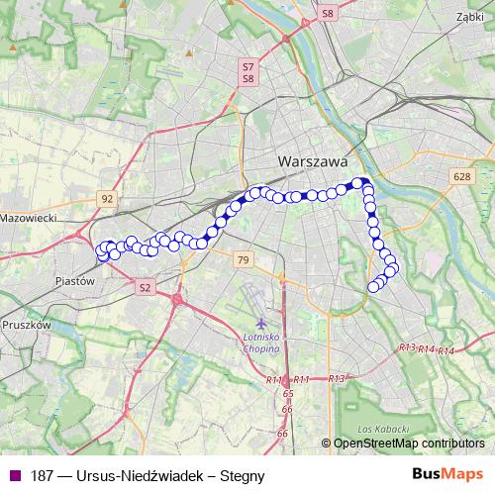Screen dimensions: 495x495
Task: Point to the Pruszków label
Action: point(27,324)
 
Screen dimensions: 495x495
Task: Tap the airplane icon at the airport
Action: point(261,323)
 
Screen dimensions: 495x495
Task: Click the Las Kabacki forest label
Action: point(377,428)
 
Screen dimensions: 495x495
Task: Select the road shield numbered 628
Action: point(460,176)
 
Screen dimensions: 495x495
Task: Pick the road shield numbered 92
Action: point(107,198)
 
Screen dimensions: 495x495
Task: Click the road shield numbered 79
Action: point(244,259)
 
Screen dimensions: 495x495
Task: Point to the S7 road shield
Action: point(247,66)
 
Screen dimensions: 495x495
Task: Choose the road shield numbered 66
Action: point(282,433)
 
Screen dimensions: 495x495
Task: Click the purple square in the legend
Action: point(14,475)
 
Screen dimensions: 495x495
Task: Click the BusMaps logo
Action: point(447,474)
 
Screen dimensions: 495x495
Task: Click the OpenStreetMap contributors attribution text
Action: point(408,444)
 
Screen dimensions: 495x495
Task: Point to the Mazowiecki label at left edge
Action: point(30,217)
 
